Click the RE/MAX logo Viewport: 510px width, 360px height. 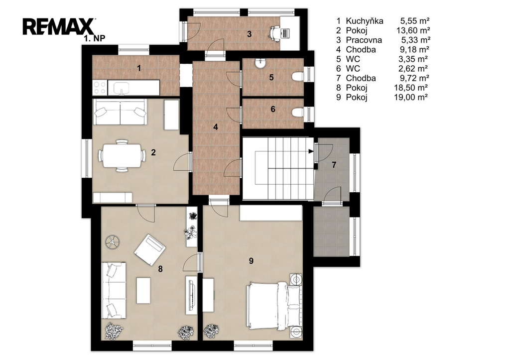click(59, 26)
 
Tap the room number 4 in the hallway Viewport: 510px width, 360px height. click(216, 127)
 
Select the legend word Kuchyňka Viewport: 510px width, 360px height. click(364, 21)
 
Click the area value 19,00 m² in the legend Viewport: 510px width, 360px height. click(411, 97)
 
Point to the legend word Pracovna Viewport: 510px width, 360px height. click(364, 40)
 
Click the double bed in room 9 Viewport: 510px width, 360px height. click(274, 306)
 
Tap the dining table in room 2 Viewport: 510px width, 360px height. click(122, 155)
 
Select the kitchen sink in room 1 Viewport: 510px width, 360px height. click(121, 88)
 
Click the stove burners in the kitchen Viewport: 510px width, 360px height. click(100, 88)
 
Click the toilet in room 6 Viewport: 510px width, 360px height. click(297, 113)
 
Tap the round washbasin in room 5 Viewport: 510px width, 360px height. click(260, 64)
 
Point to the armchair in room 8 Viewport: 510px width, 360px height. click(149, 249)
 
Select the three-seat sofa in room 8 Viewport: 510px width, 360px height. click(114, 290)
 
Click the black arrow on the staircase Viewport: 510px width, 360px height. click(311, 151)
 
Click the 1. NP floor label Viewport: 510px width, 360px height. click(94, 38)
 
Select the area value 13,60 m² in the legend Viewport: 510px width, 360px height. click(413, 30)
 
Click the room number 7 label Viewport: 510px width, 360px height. click(334, 165)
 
